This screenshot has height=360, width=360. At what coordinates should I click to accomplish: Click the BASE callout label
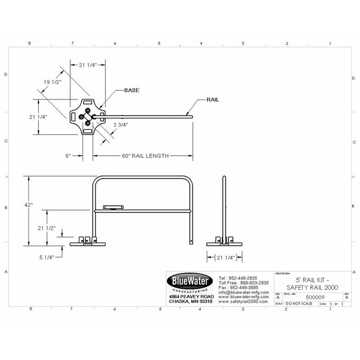pos(131,90)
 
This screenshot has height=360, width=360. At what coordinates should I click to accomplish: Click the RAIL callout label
pos(212,100)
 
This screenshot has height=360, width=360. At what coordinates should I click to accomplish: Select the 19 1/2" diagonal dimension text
pos(52,82)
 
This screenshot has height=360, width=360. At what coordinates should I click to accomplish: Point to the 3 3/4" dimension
pos(120,124)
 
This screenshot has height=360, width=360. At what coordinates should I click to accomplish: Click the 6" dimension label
pos(68,156)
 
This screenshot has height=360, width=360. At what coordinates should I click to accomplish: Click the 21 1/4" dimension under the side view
pos(224,258)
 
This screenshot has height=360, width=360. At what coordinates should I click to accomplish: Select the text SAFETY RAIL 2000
pos(312,287)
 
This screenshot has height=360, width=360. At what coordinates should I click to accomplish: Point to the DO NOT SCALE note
pos(298,304)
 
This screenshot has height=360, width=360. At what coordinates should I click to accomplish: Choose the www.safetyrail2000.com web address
pos(243,302)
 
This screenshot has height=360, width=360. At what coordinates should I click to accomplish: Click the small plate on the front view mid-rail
pos(113,207)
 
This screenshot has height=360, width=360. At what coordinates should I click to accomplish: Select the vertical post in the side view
pos(224,207)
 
